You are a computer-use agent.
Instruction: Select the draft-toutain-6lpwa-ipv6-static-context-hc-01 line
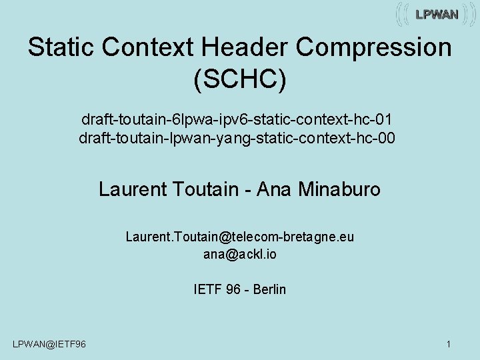(237, 120)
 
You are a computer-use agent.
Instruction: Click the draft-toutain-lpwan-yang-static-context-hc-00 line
(237, 139)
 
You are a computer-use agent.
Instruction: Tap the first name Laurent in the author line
(132, 189)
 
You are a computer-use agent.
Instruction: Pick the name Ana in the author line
(272, 189)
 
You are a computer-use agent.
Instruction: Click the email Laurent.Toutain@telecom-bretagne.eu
(240, 237)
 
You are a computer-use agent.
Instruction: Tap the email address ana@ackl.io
(240, 254)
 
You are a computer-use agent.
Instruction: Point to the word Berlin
(269, 289)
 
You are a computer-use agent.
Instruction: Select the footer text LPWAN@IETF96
(49, 344)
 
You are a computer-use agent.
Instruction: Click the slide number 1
(449, 344)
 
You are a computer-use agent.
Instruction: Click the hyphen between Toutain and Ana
(247, 190)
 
